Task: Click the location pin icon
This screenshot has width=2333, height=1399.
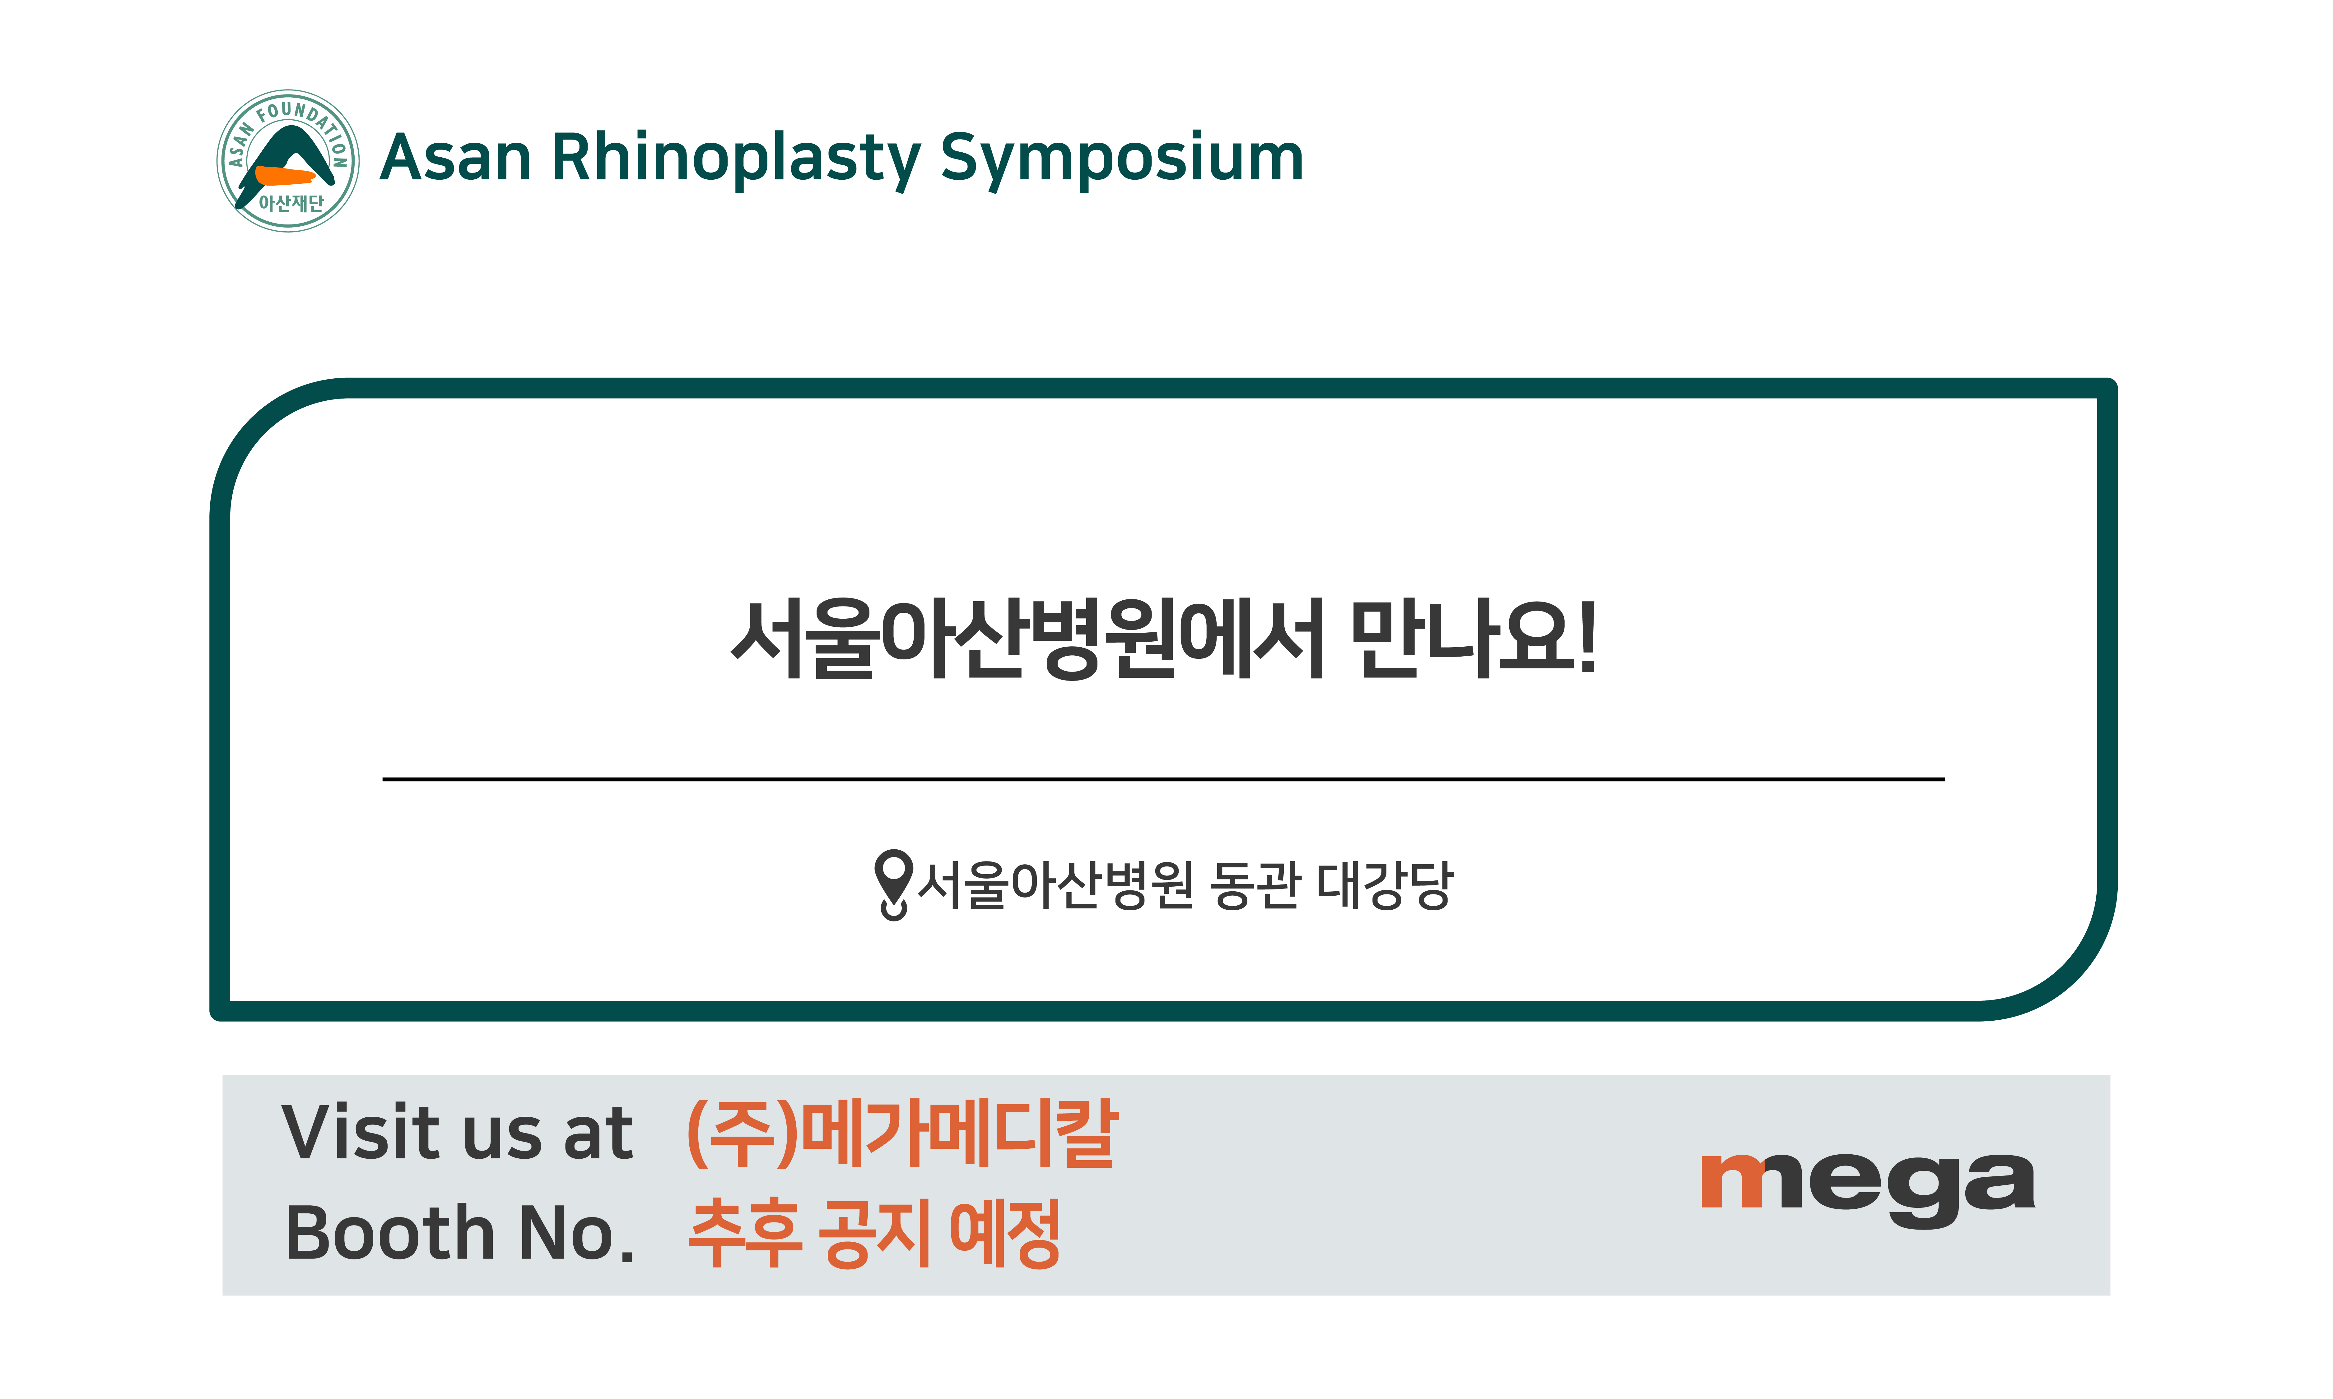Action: pyautogui.click(x=893, y=884)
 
